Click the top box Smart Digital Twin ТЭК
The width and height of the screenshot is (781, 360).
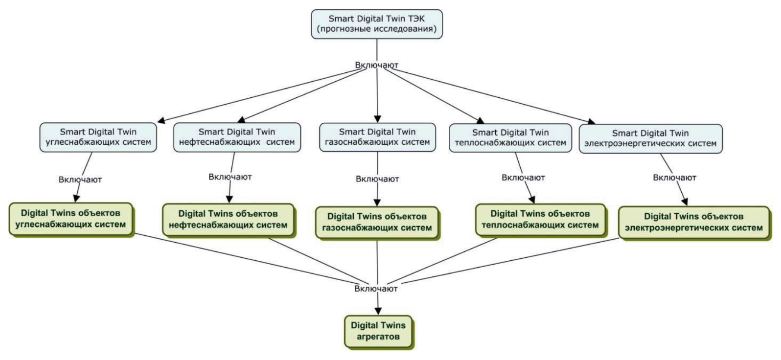click(x=376, y=24)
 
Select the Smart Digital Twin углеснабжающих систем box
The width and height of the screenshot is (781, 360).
click(x=98, y=137)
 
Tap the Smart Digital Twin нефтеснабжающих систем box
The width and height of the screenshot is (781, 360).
click(x=237, y=137)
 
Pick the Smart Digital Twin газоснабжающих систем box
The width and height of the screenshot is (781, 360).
click(x=377, y=137)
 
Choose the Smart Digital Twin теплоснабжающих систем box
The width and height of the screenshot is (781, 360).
click(x=510, y=138)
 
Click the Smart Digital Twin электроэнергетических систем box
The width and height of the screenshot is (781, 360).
click(x=650, y=139)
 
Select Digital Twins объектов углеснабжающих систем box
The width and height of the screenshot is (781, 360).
click(x=71, y=219)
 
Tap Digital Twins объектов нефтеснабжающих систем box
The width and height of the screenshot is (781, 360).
click(x=228, y=220)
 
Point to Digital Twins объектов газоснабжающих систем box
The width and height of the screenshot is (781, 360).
click(x=377, y=222)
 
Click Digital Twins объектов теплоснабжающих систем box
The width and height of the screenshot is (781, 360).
click(x=540, y=220)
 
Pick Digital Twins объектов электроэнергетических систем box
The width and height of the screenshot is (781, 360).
click(x=694, y=222)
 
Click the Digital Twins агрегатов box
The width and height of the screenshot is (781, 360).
click(x=378, y=331)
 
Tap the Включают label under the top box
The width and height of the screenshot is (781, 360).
click(x=376, y=65)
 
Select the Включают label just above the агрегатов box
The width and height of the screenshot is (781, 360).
click(x=376, y=289)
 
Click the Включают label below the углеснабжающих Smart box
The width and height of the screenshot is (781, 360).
click(x=80, y=180)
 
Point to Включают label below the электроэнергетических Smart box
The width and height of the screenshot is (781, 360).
click(x=674, y=178)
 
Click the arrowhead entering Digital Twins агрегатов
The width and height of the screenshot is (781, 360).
click(x=378, y=311)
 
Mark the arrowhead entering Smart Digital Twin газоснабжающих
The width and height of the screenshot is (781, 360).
click(x=377, y=119)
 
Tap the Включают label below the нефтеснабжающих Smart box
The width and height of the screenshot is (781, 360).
click(x=230, y=177)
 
